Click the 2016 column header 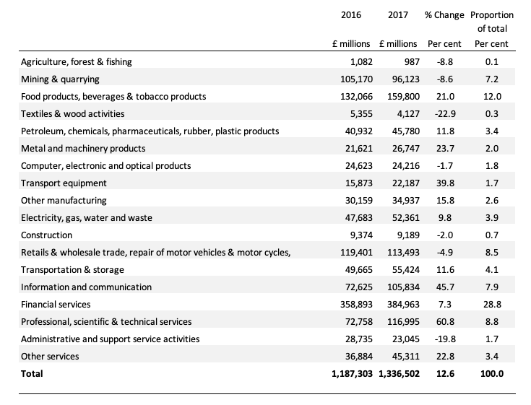pos(351,15)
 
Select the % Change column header pos(444,15)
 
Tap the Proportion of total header pos(492,22)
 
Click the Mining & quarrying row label pos(60,79)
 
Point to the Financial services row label pos(56,305)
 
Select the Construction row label pos(46,235)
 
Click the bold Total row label pos(32,374)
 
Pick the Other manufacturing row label pos(64,201)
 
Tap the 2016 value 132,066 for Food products pos(356,97)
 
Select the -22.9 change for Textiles pos(445,114)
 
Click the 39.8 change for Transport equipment pos(445,183)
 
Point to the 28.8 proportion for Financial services pos(492,305)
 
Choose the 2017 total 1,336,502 pos(399,374)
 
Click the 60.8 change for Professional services pos(445,322)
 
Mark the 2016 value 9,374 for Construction pos(361,235)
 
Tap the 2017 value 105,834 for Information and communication pos(403,287)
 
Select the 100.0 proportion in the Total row pos(492,374)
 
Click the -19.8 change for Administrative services pos(445,339)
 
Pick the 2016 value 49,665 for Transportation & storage pos(358,270)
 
